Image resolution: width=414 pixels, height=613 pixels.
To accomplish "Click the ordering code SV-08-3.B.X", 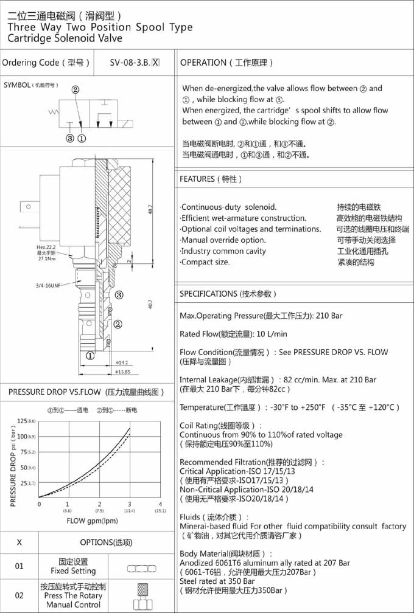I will [135, 63].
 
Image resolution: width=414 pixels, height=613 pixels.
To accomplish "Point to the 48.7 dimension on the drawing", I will [150, 208].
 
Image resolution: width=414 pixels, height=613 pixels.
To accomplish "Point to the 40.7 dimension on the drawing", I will [150, 304].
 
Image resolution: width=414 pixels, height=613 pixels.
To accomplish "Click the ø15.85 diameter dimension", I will [124, 372].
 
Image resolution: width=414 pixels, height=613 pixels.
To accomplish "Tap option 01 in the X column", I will [19, 567].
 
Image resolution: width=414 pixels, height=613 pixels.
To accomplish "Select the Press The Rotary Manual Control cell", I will [73, 596].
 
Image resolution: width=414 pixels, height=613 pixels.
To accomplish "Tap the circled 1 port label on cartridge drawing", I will [89, 357].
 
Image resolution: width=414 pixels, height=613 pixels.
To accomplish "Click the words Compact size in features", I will [206, 262].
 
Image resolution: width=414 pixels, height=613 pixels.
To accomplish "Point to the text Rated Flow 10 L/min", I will [233, 334].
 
